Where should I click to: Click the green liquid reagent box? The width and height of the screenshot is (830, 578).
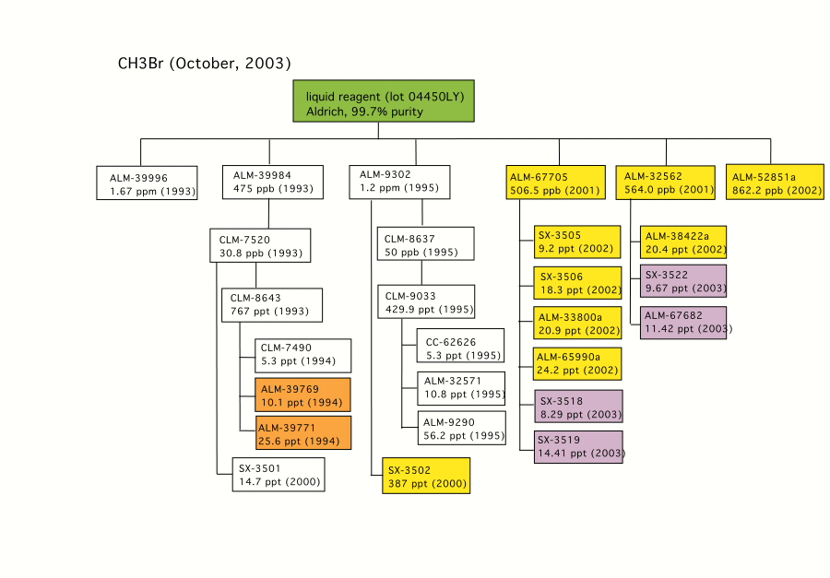(384, 101)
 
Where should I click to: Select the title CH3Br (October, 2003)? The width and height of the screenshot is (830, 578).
(205, 64)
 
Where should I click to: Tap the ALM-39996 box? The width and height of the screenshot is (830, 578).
(147, 183)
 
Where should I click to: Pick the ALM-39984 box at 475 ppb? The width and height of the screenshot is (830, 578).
(273, 183)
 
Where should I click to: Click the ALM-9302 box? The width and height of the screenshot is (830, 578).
(399, 183)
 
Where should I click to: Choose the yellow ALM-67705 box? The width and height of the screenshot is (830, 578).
(556, 183)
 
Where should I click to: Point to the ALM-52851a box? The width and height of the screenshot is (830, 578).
(775, 183)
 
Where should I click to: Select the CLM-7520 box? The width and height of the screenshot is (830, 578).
(260, 245)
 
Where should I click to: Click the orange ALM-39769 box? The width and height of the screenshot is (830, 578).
(302, 395)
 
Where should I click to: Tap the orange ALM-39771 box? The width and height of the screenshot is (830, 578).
(302, 433)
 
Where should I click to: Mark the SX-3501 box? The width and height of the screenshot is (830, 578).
(279, 475)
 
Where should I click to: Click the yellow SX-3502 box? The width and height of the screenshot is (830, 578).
(426, 476)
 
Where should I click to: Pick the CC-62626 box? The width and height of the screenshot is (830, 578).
(460, 346)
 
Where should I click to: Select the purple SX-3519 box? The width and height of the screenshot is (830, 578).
(578, 447)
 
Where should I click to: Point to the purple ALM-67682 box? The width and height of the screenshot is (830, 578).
(683, 323)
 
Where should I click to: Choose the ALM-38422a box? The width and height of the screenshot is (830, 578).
(683, 242)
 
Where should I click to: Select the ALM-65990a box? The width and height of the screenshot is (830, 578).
(577, 363)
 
